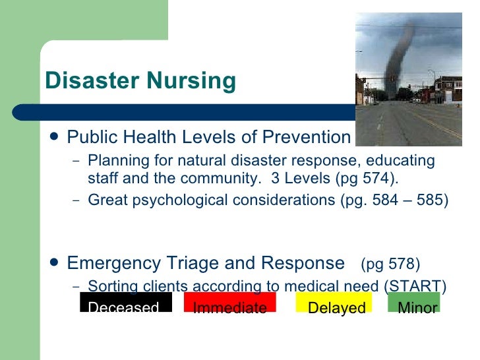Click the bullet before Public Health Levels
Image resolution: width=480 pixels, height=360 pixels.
click(53, 137)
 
